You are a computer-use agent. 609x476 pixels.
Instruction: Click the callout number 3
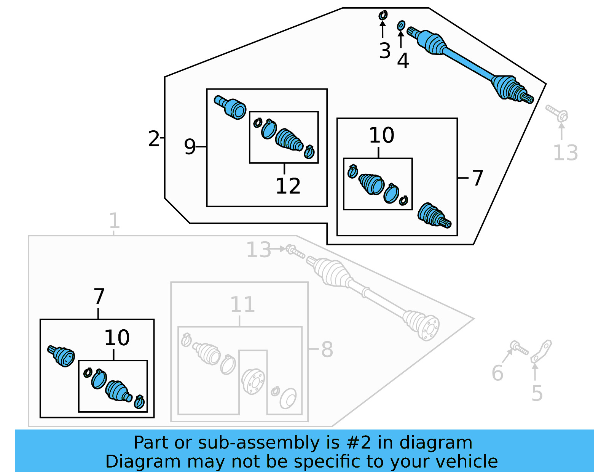click(x=384, y=51)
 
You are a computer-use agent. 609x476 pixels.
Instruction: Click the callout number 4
click(x=403, y=61)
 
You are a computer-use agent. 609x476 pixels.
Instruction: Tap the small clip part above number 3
click(x=383, y=15)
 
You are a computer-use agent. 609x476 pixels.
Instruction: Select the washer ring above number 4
click(x=401, y=26)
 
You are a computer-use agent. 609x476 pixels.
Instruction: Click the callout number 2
click(x=154, y=139)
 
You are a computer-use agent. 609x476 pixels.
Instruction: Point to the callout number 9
click(x=190, y=147)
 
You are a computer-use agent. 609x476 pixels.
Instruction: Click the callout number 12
click(x=288, y=186)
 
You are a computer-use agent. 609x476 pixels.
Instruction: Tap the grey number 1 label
click(x=114, y=221)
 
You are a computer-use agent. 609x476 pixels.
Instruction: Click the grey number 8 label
click(x=327, y=349)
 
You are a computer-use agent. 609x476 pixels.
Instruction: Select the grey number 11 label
click(x=242, y=305)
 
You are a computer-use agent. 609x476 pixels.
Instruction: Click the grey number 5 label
click(x=537, y=394)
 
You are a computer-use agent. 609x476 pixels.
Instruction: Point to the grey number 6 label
click(x=497, y=373)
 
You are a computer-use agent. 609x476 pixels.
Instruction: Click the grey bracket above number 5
click(x=542, y=351)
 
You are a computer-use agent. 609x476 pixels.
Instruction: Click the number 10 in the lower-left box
click(x=117, y=338)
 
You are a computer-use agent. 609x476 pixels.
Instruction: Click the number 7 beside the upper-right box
click(x=477, y=178)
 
